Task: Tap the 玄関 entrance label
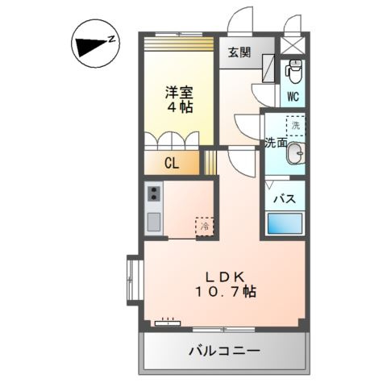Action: tap(238, 53)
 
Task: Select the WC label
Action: tap(293, 97)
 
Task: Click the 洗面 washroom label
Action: tap(276, 143)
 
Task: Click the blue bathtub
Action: tap(285, 223)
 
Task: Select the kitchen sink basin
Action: tap(153, 221)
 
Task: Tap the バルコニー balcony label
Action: tap(224, 352)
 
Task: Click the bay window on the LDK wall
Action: tap(131, 277)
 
